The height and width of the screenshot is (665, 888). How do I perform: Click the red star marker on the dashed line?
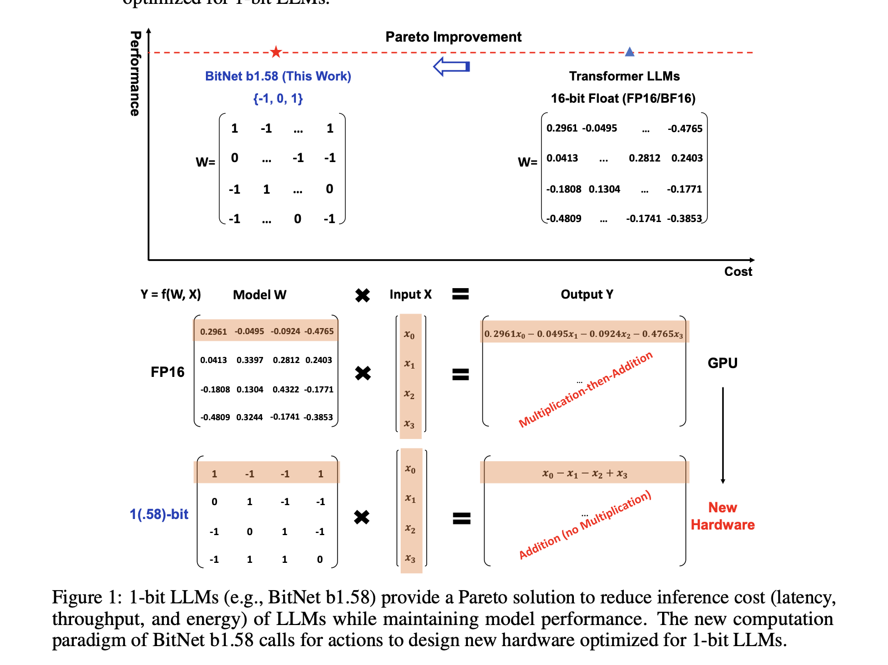coord(276,52)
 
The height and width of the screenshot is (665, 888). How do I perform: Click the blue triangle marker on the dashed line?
coord(629,52)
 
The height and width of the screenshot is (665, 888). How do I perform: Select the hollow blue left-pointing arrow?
coord(451,67)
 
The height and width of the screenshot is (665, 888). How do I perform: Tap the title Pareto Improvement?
coord(453,37)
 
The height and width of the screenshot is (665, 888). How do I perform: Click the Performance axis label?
coord(135,73)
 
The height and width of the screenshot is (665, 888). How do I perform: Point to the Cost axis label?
coord(738,271)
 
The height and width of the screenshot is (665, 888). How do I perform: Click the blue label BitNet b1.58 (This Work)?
coord(278,76)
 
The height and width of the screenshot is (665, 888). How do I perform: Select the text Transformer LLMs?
coord(624,76)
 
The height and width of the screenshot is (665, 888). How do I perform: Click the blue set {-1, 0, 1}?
coord(278,99)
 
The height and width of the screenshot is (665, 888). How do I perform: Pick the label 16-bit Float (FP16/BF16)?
coord(623,99)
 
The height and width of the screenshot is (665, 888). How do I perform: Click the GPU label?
coord(722,363)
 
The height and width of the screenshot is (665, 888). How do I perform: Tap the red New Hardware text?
coord(722,516)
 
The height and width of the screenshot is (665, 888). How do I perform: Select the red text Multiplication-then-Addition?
coord(585,390)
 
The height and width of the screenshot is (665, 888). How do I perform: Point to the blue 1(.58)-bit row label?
coord(159,515)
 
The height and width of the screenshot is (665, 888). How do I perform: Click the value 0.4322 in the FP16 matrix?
coord(285,390)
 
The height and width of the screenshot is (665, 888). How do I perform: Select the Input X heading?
coord(410,294)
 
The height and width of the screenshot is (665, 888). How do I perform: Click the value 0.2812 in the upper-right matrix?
coord(644,158)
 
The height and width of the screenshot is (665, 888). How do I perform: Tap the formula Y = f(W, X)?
coord(170,294)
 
